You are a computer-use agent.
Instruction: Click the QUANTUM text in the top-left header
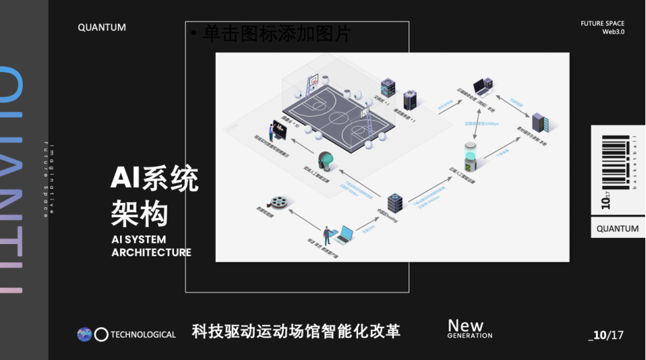click(x=101, y=27)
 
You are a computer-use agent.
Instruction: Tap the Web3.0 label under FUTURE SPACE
click(x=613, y=32)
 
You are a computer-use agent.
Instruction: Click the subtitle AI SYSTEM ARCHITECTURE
click(x=151, y=246)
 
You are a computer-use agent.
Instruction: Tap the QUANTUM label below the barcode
click(x=617, y=228)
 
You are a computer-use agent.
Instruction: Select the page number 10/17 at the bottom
click(x=607, y=335)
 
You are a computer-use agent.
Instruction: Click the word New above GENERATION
click(x=465, y=325)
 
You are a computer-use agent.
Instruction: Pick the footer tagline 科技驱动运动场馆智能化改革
click(x=296, y=331)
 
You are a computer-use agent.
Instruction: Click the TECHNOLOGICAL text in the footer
click(x=143, y=335)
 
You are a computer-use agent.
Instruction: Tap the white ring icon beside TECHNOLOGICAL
click(x=101, y=335)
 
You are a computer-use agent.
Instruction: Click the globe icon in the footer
click(x=84, y=335)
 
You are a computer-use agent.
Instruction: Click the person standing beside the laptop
click(x=328, y=235)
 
